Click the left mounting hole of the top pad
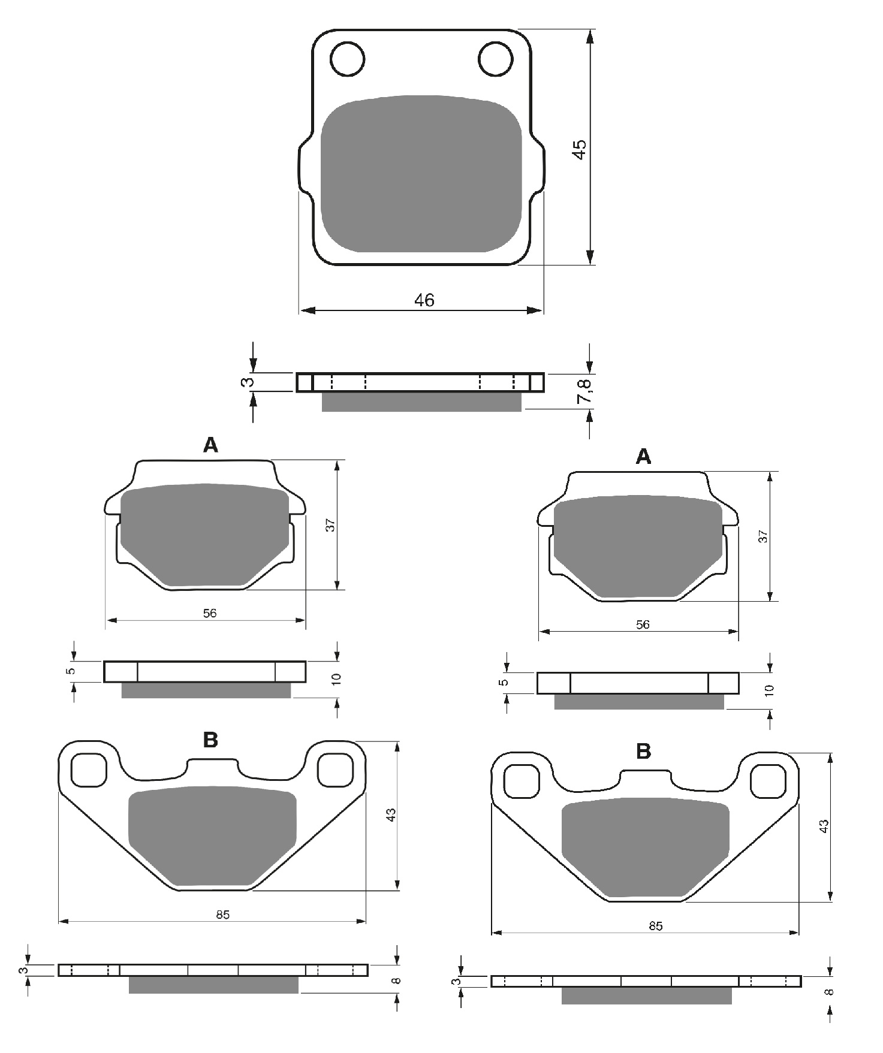[347, 59]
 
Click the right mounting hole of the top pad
[496, 59]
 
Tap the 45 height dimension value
[578, 149]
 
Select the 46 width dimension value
[424, 300]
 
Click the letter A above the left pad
[210, 445]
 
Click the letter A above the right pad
[643, 457]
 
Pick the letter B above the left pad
[210, 740]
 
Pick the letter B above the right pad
[643, 751]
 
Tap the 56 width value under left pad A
[210, 613]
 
